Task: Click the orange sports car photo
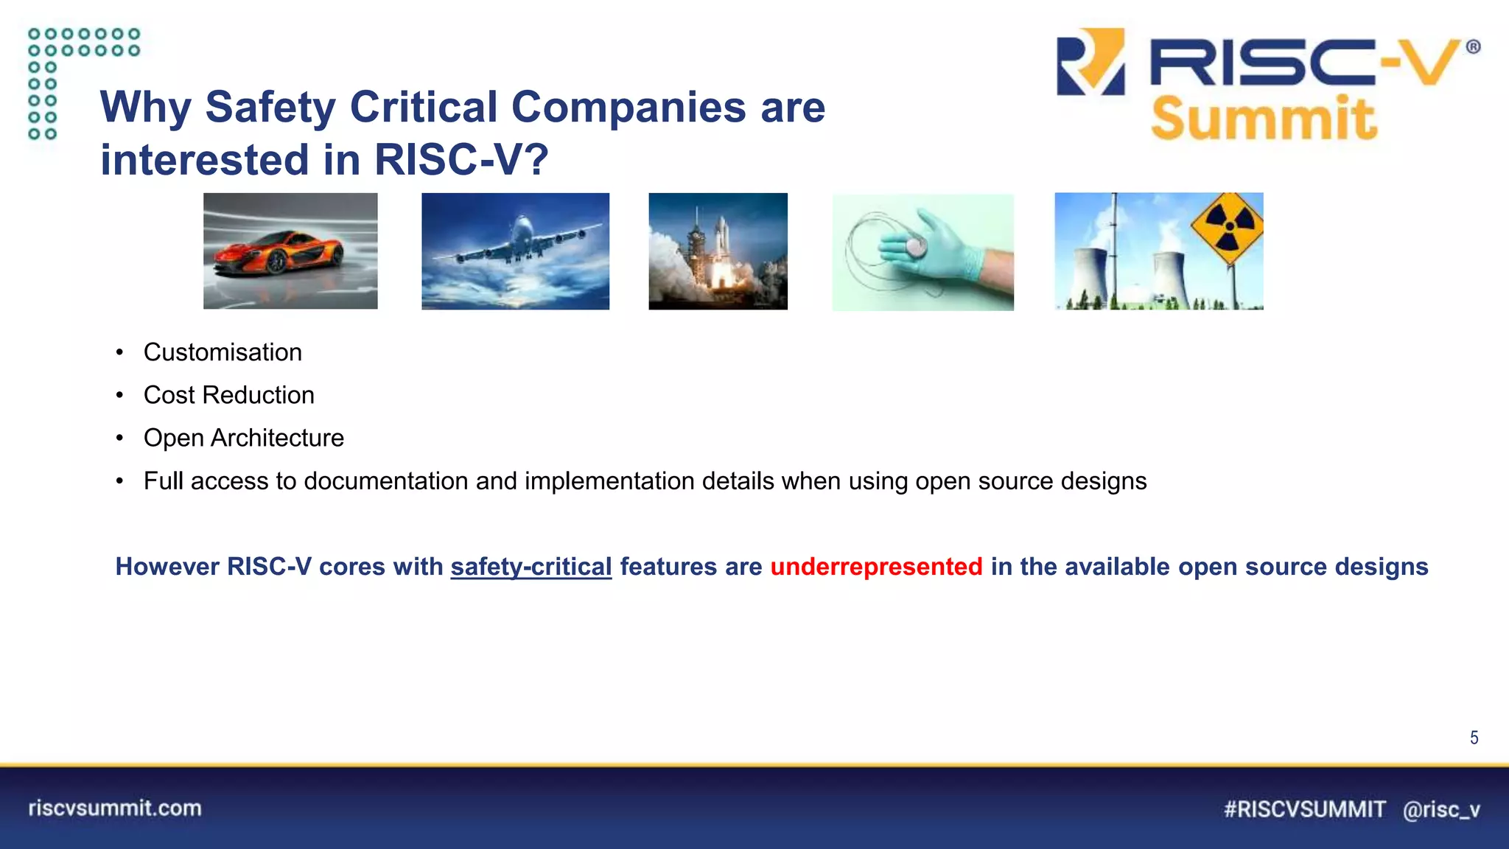[290, 251]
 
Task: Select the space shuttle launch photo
[718, 251]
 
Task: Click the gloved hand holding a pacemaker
[922, 251]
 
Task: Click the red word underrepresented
[876, 566]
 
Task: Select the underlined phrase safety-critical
[531, 566]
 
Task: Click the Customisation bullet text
[223, 352]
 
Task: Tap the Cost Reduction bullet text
[228, 395]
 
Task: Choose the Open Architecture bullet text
[243, 438]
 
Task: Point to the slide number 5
[1474, 738]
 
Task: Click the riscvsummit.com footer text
[115, 808]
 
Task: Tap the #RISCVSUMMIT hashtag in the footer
[1304, 809]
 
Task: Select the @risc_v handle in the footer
[1441, 809]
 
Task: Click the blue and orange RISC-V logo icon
[1090, 62]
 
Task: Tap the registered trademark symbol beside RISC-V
[1473, 47]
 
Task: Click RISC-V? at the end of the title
[461, 160]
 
